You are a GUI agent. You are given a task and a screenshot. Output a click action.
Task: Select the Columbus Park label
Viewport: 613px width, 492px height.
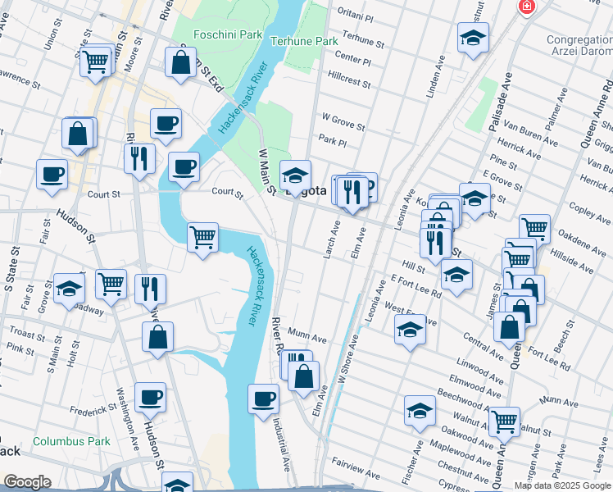point(72,441)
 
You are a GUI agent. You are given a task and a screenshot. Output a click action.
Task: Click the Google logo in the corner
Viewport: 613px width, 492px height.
point(27,482)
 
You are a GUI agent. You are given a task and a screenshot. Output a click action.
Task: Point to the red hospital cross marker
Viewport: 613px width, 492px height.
point(525,7)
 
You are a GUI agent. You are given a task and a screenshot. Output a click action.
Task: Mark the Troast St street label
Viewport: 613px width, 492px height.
point(27,335)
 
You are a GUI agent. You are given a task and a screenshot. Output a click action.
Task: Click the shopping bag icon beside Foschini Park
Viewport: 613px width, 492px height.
point(180,61)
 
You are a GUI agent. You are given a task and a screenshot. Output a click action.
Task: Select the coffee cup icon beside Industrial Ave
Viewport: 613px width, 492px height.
point(263,399)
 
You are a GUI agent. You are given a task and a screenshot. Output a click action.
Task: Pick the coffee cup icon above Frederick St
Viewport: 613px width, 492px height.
point(150,397)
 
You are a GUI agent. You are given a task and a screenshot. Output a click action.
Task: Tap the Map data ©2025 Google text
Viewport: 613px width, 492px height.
point(562,485)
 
